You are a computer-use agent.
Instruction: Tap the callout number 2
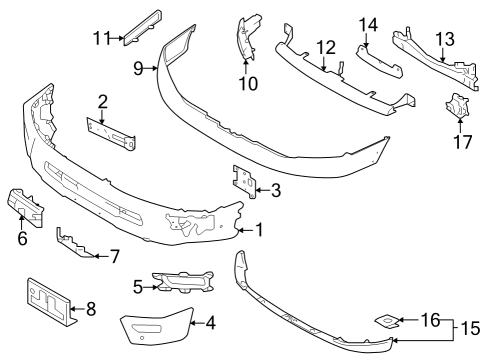tap(103, 100)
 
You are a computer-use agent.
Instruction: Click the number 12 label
tap(326, 48)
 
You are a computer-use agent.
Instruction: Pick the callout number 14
tap(369, 24)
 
